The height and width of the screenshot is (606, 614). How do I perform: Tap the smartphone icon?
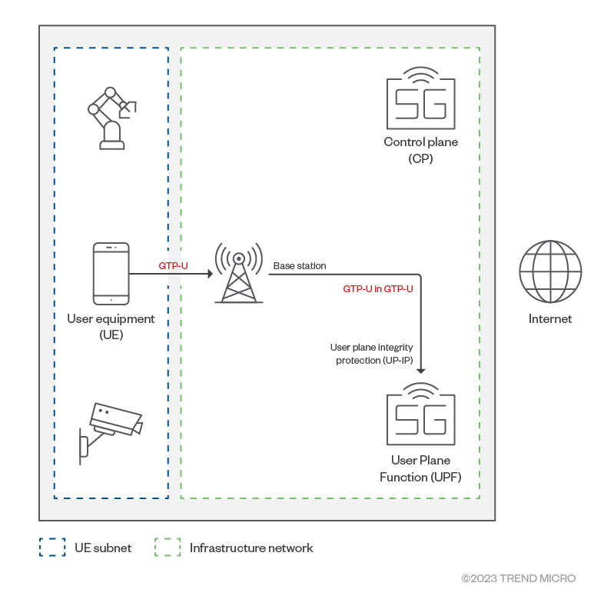tap(111, 274)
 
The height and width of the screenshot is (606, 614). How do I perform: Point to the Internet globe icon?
tap(550, 271)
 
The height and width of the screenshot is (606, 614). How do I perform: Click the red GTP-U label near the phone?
tap(174, 266)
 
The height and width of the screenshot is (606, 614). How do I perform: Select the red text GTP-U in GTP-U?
tap(378, 289)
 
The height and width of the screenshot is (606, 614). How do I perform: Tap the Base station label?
tap(300, 266)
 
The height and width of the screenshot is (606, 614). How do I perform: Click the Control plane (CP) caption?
tap(420, 150)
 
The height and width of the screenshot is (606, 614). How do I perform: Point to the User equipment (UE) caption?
tap(111, 326)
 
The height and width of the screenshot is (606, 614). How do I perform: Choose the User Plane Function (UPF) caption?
tap(420, 469)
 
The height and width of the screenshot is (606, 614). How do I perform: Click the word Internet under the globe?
tap(550, 318)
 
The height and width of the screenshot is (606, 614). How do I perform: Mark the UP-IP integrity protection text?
tap(372, 355)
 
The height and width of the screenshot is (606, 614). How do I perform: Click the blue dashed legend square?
tap(52, 548)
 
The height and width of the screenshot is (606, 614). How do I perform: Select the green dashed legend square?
tap(168, 548)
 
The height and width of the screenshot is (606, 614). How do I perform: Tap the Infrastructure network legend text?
tap(251, 548)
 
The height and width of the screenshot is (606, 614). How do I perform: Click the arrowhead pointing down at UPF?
tap(420, 371)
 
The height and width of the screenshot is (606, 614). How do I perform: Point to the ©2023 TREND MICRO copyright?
tap(518, 578)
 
